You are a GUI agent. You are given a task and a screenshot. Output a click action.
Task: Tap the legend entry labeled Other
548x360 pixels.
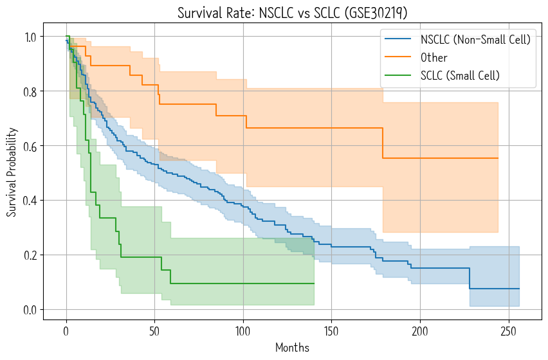click(434, 58)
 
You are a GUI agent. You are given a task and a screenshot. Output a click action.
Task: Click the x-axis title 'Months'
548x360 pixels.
click(293, 348)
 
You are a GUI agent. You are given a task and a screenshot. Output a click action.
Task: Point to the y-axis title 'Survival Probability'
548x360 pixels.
click(12, 173)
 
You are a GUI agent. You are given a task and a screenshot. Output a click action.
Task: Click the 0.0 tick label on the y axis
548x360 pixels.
click(30, 310)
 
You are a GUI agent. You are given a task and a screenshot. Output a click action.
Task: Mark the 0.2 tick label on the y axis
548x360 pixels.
click(30, 255)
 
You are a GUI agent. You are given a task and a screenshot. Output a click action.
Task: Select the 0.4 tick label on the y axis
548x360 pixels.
click(30, 201)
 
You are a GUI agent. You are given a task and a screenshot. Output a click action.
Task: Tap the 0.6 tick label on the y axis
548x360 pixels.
click(30, 146)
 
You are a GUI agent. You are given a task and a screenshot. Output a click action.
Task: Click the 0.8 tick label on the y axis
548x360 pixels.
click(30, 91)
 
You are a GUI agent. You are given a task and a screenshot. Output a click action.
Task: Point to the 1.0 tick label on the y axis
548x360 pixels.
click(30, 37)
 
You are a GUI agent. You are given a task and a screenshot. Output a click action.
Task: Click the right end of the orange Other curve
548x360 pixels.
click(498, 158)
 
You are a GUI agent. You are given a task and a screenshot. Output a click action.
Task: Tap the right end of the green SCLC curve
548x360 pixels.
click(314, 283)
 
